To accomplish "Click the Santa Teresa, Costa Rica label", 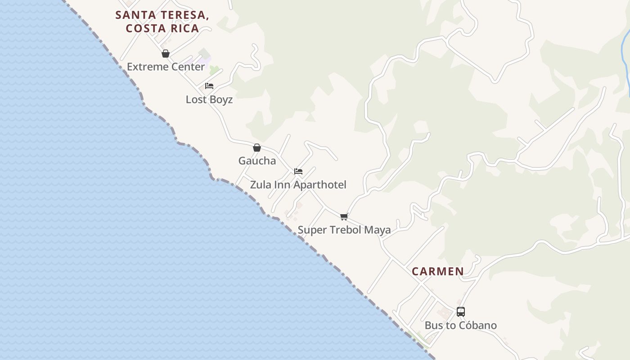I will pos(162,22).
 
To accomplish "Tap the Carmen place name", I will pos(437,271).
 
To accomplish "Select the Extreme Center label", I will pos(166,67).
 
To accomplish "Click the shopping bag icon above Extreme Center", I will pos(166,54).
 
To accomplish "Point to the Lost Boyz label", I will pos(209,99).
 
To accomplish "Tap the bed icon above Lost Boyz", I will pos(209,86).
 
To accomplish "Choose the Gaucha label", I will pos(257,161).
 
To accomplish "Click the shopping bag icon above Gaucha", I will pos(257,148).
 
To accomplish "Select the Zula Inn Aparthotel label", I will pos(298,185).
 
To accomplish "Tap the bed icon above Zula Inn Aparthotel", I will pos(298,171).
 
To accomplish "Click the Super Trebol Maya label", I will pos(344,230).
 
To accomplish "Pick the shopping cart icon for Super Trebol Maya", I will pos(344,217).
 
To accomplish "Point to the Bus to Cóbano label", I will pos(461,325).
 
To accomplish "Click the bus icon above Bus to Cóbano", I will pos(461,312).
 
